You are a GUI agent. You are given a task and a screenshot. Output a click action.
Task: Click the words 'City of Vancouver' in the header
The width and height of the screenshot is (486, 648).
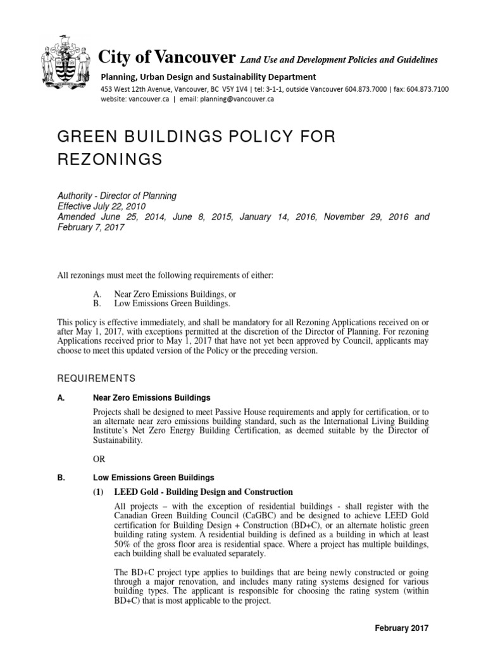[x=167, y=58]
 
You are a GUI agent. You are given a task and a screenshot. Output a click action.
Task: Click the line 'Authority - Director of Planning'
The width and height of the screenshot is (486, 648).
[x=116, y=196]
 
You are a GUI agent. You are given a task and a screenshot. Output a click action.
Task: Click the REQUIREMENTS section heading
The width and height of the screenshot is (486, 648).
[x=96, y=378]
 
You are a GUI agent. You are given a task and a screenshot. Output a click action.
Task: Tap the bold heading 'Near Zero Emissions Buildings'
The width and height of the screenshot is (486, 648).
[x=151, y=398]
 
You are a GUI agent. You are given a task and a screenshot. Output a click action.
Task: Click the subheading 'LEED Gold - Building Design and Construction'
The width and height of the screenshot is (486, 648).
[x=202, y=492]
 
